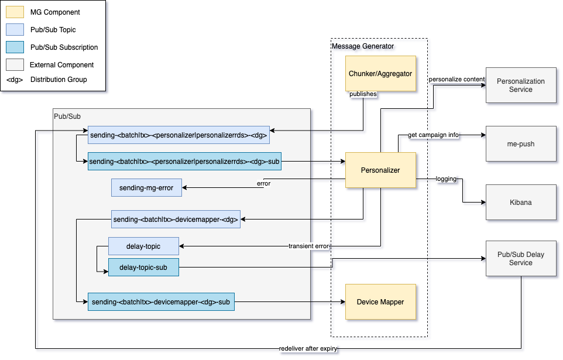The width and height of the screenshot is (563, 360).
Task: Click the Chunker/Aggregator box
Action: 380,73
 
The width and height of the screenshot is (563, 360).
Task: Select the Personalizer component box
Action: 380,170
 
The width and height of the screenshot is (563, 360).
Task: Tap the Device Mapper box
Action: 380,302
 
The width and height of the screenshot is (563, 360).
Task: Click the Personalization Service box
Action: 520,85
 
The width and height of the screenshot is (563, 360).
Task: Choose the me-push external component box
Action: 520,143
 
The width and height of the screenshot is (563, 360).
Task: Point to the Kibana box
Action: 520,202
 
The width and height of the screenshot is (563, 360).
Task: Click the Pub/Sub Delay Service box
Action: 520,258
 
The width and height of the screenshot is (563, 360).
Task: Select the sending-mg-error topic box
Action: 146,187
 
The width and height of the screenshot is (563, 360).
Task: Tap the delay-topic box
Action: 143,246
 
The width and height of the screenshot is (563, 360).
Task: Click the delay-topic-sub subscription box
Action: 143,268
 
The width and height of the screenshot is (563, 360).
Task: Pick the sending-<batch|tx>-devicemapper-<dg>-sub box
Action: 161,302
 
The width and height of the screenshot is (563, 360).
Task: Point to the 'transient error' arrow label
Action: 309,246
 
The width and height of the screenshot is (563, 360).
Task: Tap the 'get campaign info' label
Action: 433,135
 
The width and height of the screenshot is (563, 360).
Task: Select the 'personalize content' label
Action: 456,79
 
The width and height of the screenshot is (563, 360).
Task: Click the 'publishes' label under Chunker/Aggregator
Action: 363,94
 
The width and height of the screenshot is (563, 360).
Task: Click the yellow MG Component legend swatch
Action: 15,12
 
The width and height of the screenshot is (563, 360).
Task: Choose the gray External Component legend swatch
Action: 15,64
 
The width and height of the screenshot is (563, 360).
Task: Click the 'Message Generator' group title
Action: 363,46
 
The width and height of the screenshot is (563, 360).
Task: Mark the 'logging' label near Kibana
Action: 446,179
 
